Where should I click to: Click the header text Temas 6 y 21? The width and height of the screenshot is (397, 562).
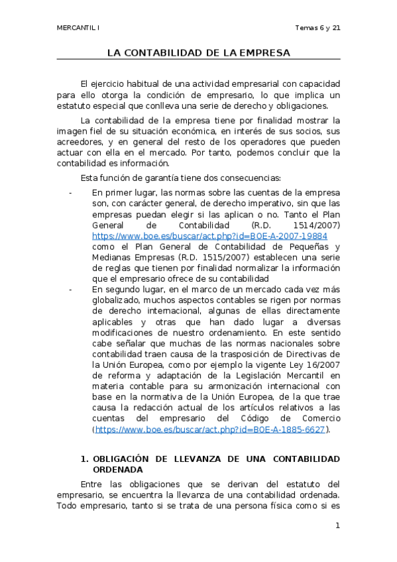317,28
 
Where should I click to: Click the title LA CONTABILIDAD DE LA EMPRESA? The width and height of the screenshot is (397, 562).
198,52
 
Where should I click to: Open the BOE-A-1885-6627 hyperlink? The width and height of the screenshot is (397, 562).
211,429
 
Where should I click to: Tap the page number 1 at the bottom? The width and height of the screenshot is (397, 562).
337,526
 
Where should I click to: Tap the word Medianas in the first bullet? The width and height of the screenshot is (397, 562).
112,257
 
